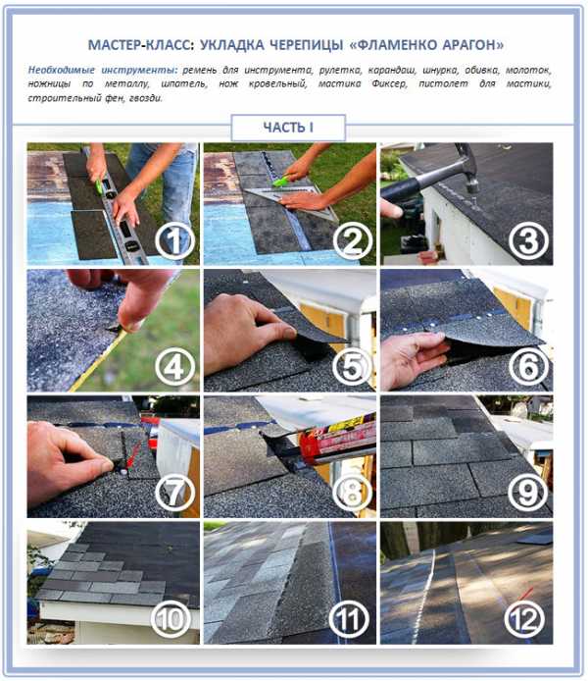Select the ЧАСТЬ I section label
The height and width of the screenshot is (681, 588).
pyautogui.click(x=288, y=128)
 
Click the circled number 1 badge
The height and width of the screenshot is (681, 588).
pyautogui.click(x=174, y=241)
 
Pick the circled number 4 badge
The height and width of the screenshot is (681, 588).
pyautogui.click(x=174, y=367)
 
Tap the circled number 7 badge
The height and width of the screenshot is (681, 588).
pyautogui.click(x=174, y=493)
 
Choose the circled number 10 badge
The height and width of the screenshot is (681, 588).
pyautogui.click(x=171, y=619)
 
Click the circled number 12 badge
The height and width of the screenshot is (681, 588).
pyautogui.click(x=525, y=619)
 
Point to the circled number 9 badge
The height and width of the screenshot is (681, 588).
pyautogui.click(x=527, y=493)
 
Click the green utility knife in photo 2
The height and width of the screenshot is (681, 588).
pyautogui.click(x=282, y=180)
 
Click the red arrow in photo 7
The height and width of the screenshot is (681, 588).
pyautogui.click(x=133, y=456)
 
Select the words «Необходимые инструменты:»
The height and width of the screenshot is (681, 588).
pyautogui.click(x=103, y=70)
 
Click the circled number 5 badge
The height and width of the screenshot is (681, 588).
pyautogui.click(x=352, y=367)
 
